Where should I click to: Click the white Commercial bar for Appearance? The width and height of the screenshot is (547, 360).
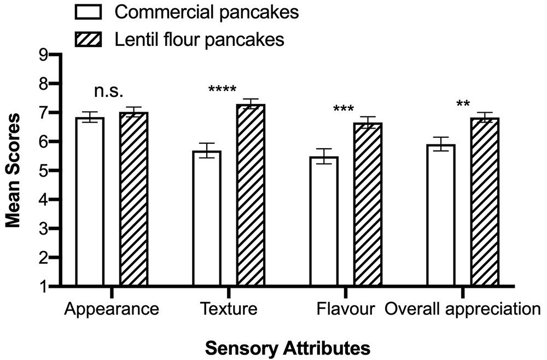(90, 202)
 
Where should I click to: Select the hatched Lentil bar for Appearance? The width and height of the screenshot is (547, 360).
(133, 199)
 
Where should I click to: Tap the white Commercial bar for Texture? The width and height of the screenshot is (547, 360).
(207, 218)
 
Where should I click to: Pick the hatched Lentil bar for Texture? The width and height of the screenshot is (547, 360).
(251, 195)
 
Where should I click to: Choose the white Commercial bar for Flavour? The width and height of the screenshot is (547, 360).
(324, 221)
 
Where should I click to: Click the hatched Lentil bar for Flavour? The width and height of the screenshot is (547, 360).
(368, 204)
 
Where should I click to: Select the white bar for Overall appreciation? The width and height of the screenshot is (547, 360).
(441, 215)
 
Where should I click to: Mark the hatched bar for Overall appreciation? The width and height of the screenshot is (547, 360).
(485, 202)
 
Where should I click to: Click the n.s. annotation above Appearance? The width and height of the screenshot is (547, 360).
(108, 91)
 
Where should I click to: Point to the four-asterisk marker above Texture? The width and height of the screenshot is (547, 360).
(222, 90)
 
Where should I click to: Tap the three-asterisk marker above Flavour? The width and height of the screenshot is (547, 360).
(344, 109)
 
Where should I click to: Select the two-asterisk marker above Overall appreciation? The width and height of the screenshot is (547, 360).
(463, 104)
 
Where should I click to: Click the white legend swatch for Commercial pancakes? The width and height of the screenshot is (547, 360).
(88, 12)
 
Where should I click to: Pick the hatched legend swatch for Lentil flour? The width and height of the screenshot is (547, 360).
(88, 39)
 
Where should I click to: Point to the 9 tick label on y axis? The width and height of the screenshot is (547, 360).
(44, 55)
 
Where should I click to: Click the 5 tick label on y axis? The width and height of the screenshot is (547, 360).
(44, 171)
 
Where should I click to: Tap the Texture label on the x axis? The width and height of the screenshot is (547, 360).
(229, 309)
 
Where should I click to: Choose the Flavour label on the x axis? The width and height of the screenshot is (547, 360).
(346, 309)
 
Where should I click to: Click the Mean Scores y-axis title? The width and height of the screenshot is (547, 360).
(13, 171)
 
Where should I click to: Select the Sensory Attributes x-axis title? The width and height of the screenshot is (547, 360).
(288, 348)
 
